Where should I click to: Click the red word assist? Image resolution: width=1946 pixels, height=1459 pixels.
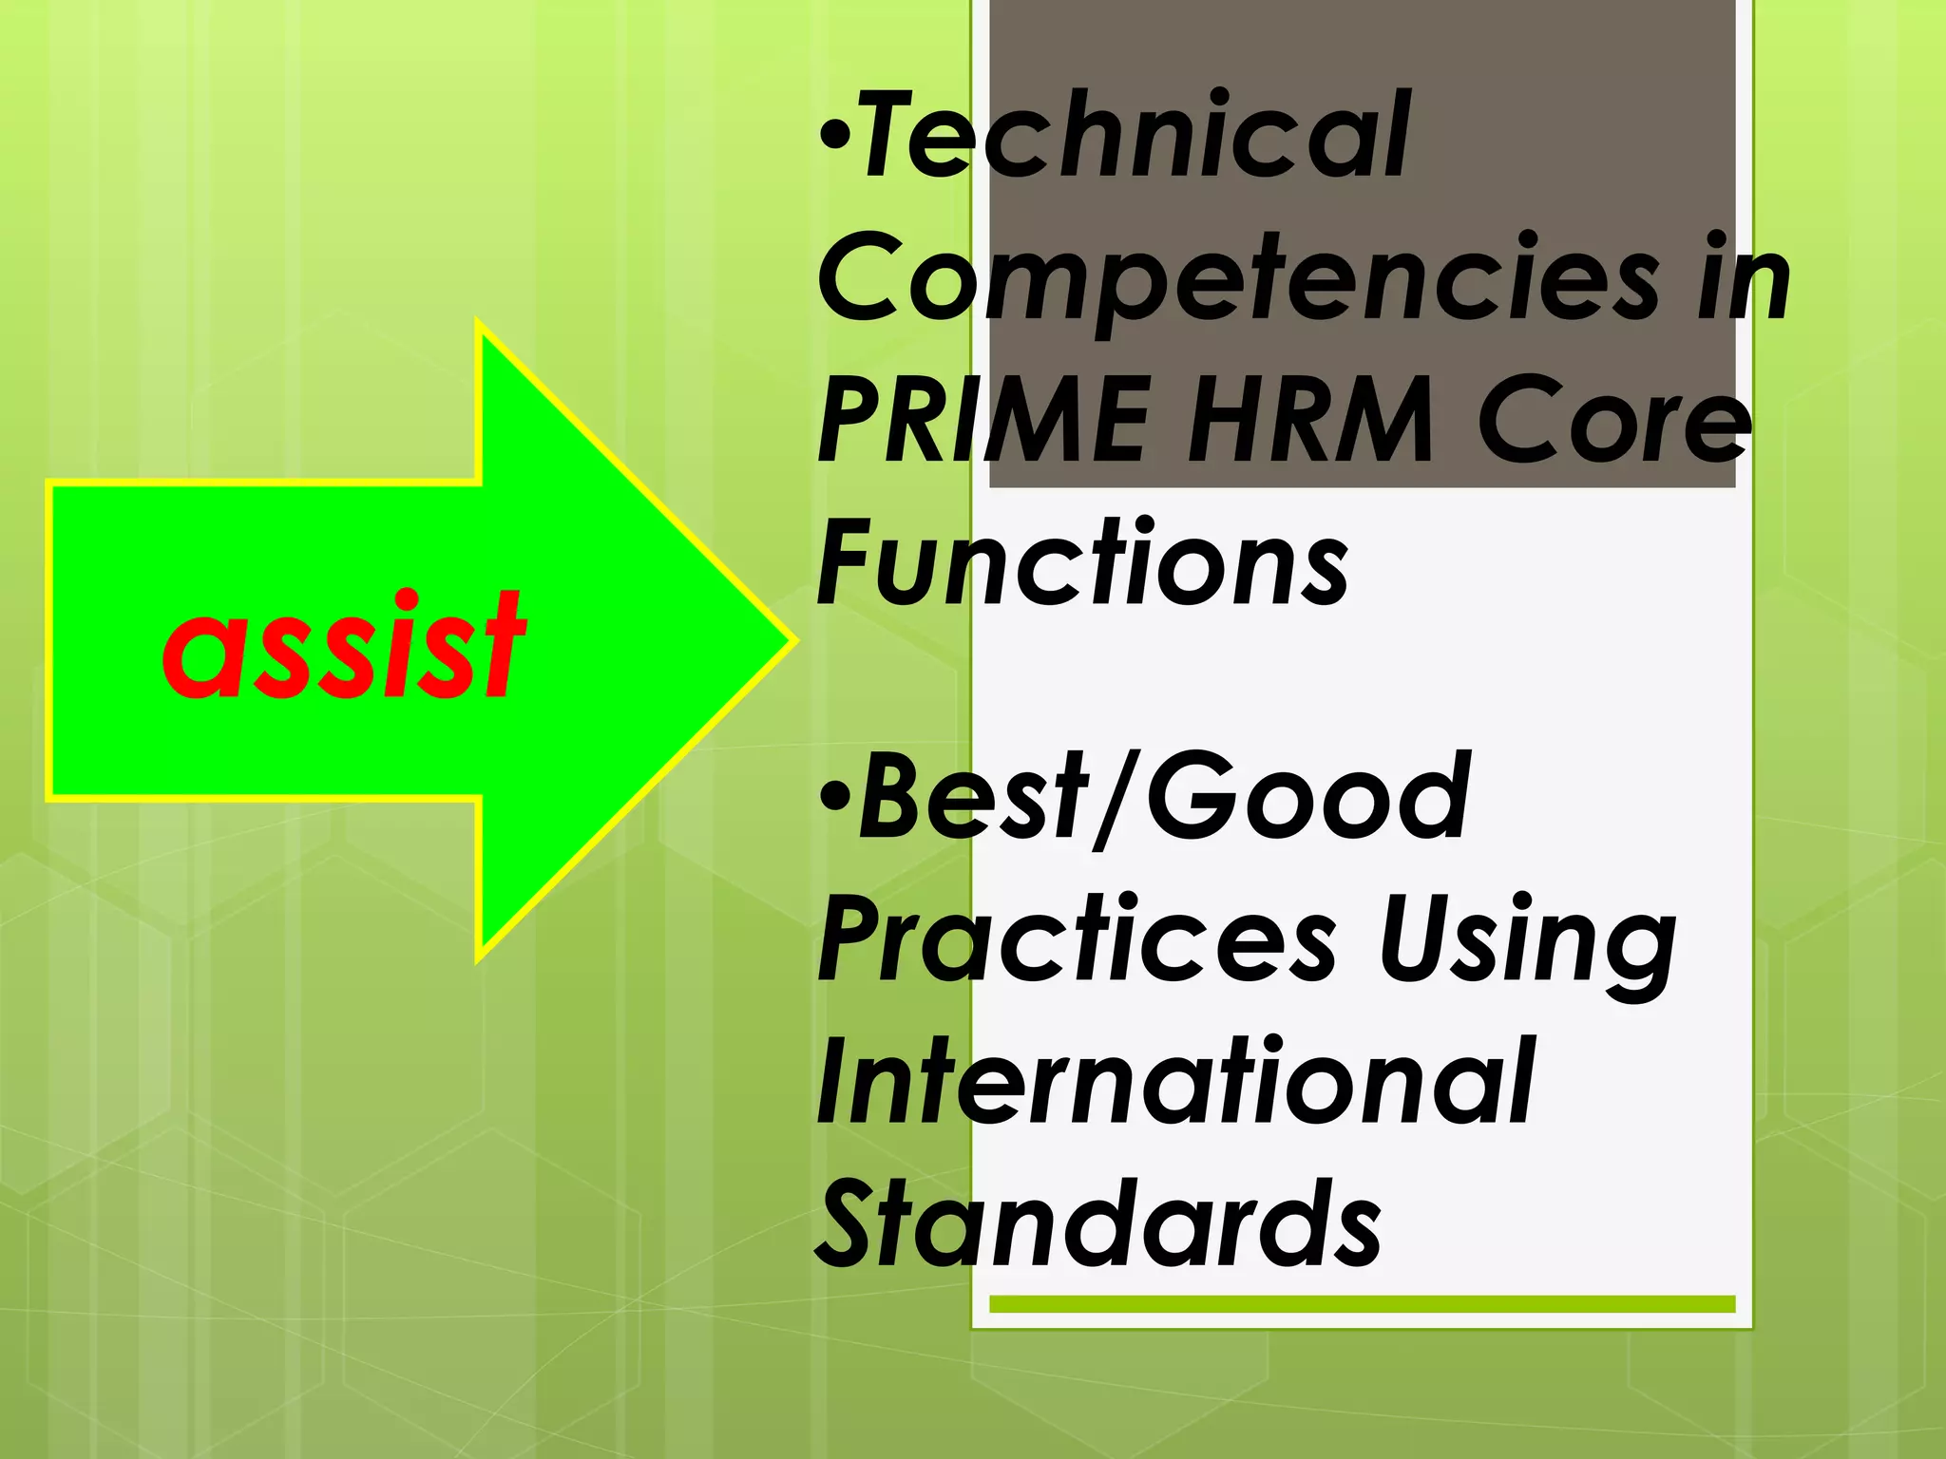click(344, 646)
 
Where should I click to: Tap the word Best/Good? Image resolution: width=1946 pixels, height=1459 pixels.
click(1165, 798)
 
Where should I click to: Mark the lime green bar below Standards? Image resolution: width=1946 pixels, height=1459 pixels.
click(1362, 1304)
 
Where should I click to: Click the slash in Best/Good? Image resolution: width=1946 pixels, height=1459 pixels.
click(1116, 798)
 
